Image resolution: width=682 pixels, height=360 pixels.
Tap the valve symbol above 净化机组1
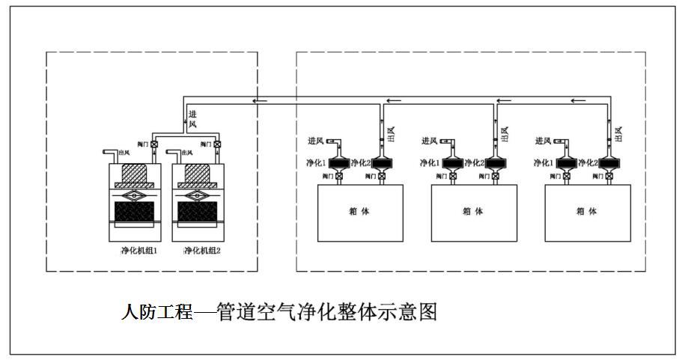point(154,144)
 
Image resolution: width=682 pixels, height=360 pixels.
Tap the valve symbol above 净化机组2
point(217,144)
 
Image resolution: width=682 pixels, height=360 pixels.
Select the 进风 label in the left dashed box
point(192,118)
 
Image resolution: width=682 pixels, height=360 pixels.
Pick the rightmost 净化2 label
point(587,162)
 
